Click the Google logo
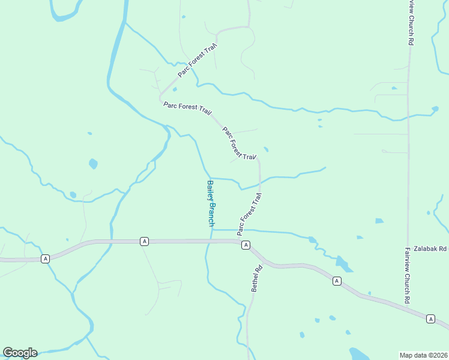pyautogui.click(x=20, y=353)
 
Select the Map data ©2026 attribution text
pyautogui.click(x=424, y=355)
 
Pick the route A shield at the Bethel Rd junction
pyautogui.click(x=246, y=245)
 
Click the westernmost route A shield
pyautogui.click(x=45, y=259)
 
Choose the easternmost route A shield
pyautogui.click(x=430, y=319)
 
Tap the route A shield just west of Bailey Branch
pyautogui.click(x=144, y=241)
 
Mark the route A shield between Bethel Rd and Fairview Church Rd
pyautogui.click(x=337, y=280)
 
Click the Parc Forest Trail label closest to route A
pyautogui.click(x=249, y=214)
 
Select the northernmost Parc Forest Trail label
pyautogui.click(x=197, y=61)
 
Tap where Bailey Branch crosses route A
pyautogui.click(x=211, y=241)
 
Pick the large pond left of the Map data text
pyautogui.click(x=362, y=354)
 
